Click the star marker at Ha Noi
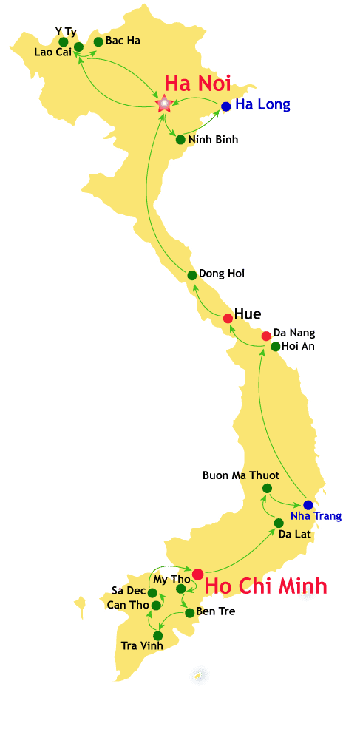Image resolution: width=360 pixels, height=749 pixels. (x=163, y=104)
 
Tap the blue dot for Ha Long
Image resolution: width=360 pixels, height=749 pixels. (x=226, y=106)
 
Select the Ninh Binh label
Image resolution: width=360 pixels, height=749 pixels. (x=213, y=139)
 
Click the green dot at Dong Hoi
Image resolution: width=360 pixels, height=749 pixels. (x=192, y=275)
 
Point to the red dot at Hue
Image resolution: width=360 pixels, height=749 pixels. (x=228, y=318)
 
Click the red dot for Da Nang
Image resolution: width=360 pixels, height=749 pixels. (x=266, y=336)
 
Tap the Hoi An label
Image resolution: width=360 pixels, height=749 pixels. (x=298, y=346)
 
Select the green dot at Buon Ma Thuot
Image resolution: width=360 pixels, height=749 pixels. (x=267, y=488)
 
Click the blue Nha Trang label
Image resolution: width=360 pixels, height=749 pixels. (x=316, y=516)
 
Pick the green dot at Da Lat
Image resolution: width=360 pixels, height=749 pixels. (x=279, y=523)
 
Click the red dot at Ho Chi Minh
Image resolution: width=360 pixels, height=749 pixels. (x=197, y=574)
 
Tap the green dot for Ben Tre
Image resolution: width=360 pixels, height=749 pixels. (x=190, y=612)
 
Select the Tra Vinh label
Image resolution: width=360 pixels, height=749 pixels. (x=142, y=645)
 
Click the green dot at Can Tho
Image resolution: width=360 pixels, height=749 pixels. (x=156, y=606)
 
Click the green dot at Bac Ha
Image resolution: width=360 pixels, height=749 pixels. (x=98, y=41)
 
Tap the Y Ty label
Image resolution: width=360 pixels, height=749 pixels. (x=66, y=31)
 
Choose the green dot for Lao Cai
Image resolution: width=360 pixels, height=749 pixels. (x=78, y=47)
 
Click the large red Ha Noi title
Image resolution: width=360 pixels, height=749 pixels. (x=197, y=82)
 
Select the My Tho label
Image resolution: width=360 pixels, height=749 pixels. (x=171, y=579)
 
